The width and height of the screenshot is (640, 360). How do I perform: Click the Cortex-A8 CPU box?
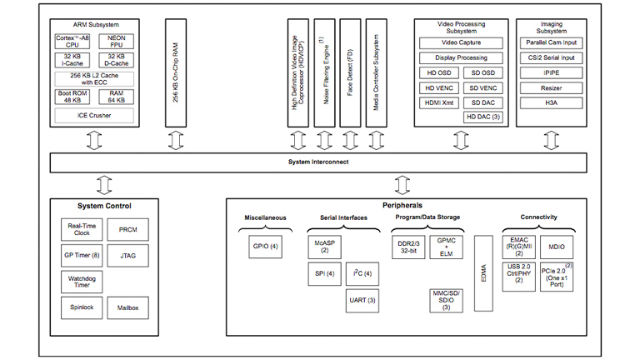tap(73, 41)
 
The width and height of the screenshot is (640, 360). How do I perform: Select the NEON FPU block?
tap(116, 41)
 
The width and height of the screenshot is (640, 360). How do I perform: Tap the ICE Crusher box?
tap(94, 115)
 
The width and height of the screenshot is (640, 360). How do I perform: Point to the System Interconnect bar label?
tap(319, 162)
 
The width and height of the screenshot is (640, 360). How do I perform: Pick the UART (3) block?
tap(360, 300)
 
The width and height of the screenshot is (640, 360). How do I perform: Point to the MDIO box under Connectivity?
tap(556, 247)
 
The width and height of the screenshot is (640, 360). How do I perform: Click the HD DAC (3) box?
tap(482, 117)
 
